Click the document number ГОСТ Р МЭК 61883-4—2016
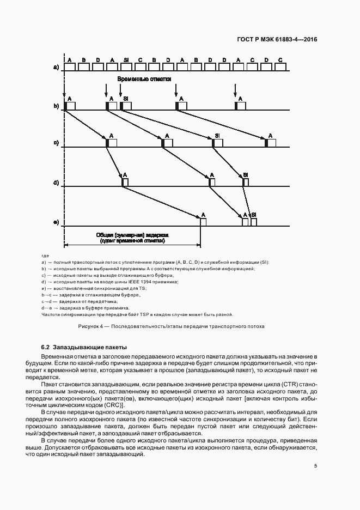point(277,40)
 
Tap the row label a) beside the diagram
point(56,67)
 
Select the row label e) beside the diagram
point(56,222)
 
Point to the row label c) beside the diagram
point(56,143)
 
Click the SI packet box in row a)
point(126,67)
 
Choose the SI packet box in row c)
point(218,143)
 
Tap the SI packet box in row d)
point(246,183)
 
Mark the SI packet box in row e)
point(254,222)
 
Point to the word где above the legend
point(45,256)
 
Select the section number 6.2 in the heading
point(46,347)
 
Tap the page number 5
point(316,466)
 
